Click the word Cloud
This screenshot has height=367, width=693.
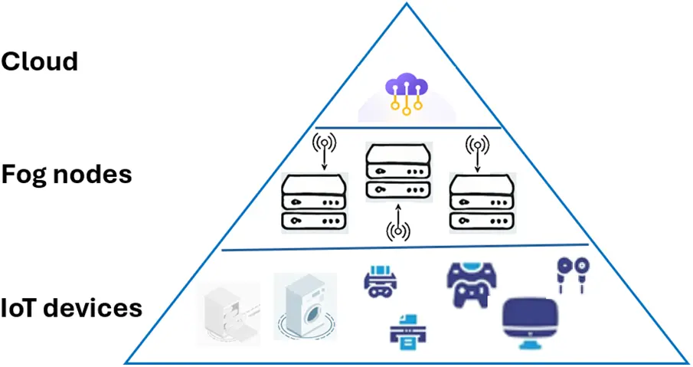(x=40, y=61)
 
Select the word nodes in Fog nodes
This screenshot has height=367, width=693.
(x=95, y=174)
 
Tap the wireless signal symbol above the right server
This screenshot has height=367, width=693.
(x=479, y=143)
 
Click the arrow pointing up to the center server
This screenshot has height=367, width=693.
(x=398, y=210)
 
